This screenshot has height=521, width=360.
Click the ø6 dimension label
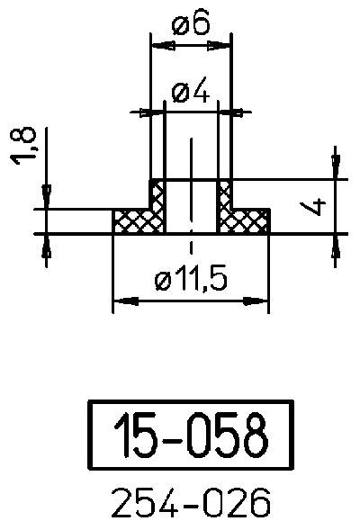point(190,24)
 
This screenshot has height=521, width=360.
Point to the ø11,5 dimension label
point(191,281)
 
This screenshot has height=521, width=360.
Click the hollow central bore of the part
point(191,207)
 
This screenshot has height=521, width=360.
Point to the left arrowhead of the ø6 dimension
point(155,43)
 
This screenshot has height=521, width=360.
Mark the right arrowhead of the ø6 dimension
point(226,43)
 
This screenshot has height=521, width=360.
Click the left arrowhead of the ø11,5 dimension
point(119,300)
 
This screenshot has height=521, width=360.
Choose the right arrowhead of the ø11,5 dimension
point(263,300)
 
